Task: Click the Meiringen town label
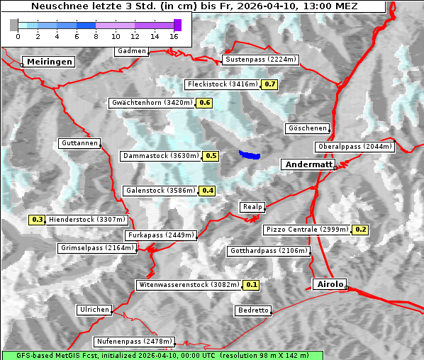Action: click(x=48, y=62)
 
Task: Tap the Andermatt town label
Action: click(x=308, y=164)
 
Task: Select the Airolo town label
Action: click(x=330, y=284)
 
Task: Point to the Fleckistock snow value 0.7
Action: click(x=269, y=84)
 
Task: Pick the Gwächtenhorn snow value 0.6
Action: click(x=205, y=103)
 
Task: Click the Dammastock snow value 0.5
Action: click(x=211, y=155)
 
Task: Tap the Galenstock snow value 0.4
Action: click(x=208, y=191)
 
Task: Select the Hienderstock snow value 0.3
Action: click(x=38, y=220)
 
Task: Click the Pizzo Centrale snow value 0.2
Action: click(x=361, y=230)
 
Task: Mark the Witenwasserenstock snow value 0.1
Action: click(x=252, y=285)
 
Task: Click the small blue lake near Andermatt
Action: click(x=249, y=154)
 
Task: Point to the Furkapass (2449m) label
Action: click(x=160, y=235)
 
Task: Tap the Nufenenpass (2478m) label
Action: click(x=134, y=341)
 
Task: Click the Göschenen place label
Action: click(x=308, y=128)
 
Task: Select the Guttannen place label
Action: click(x=79, y=143)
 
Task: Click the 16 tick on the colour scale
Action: click(x=174, y=35)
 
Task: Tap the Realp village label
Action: click(x=252, y=207)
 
